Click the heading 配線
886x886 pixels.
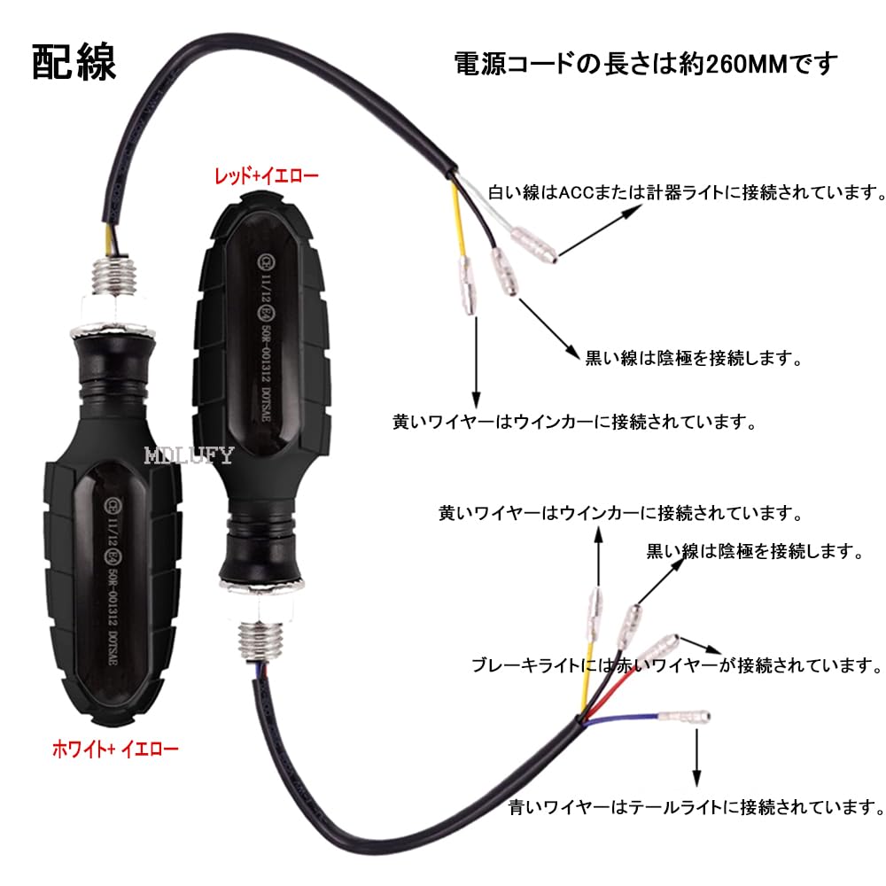point(74,63)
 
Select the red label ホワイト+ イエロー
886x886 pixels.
point(112,749)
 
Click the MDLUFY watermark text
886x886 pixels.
point(188,456)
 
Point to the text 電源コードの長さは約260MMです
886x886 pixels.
point(645,64)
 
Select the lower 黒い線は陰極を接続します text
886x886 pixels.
point(755,551)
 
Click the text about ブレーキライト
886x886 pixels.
point(677,664)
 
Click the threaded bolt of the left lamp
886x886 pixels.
point(113,272)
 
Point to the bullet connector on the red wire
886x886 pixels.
point(660,646)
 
